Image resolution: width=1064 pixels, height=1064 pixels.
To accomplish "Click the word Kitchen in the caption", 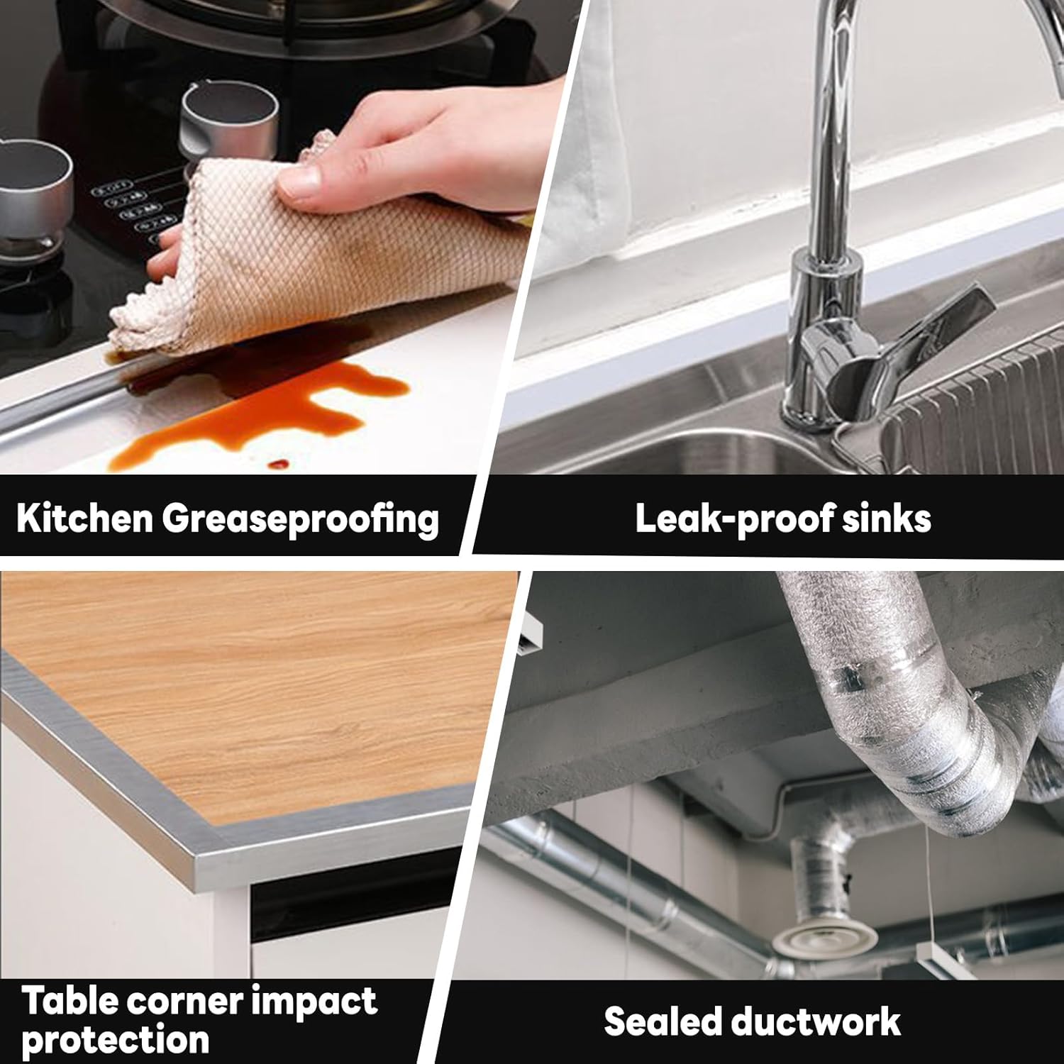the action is pos(84,518).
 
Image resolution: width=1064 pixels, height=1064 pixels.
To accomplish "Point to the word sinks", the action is pos(886,519).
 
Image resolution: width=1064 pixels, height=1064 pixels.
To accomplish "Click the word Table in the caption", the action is pos(69,1002).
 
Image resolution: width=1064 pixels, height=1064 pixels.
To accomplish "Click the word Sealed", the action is pos(662,1022).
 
